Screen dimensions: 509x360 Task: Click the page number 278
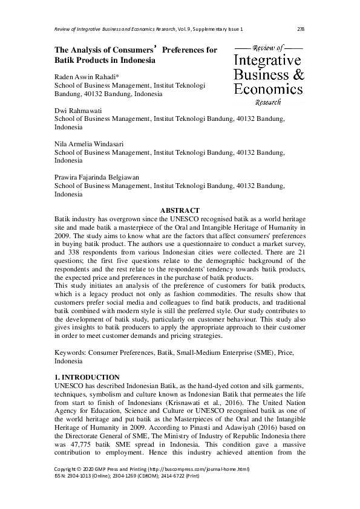tap(300, 29)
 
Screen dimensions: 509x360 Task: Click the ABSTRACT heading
tap(180, 210)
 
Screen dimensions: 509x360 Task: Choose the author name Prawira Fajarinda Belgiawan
tap(97, 178)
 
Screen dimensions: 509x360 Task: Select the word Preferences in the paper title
tap(188, 51)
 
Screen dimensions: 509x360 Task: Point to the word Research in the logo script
tap(268, 102)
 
